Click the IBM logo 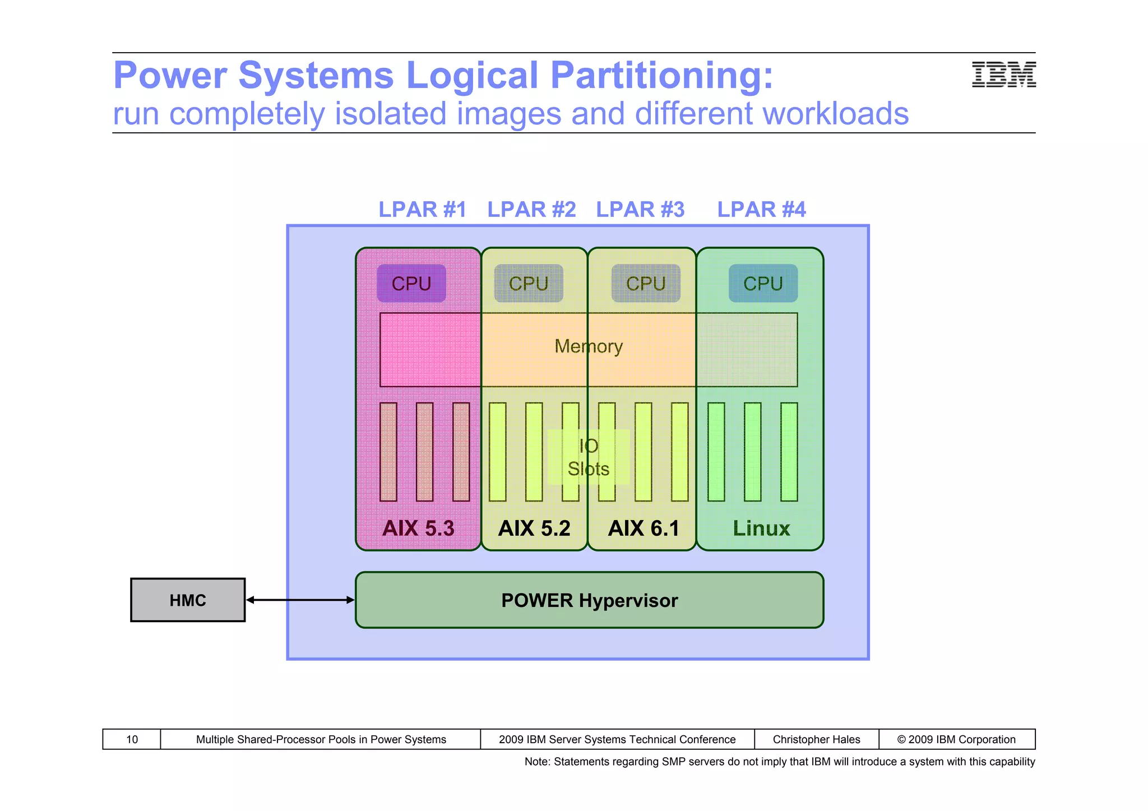coord(1003,75)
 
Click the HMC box coord(188,600)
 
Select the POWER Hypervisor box coord(589,600)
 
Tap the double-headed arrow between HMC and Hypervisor coord(300,600)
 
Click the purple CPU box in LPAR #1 coord(411,284)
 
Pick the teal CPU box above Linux coord(763,284)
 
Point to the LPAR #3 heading coord(640,210)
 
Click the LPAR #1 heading coord(422,210)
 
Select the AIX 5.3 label coord(418,529)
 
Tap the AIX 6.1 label coord(644,529)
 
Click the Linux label coord(761,529)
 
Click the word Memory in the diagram coord(589,346)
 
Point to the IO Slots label coord(589,457)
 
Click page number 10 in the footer coord(132,739)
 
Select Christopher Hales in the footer coord(816,739)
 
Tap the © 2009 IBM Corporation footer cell coord(956,739)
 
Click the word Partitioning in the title coord(661,75)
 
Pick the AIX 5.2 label coord(534,529)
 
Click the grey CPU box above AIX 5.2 coord(529,284)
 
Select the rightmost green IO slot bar coord(789,452)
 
